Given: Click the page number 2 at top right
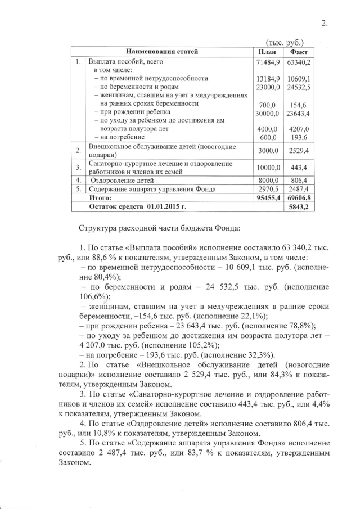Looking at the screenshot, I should (323, 23).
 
